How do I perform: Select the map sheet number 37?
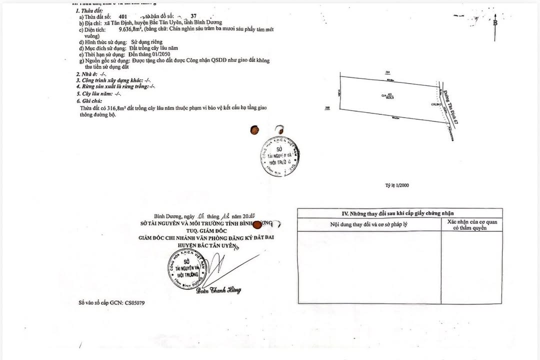click(x=186, y=16)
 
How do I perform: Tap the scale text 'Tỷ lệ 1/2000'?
click(x=396, y=185)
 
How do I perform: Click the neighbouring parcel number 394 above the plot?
click(x=387, y=72)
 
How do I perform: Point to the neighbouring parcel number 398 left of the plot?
click(x=327, y=107)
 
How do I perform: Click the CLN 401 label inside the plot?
click(x=387, y=96)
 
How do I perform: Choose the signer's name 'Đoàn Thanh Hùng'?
click(x=218, y=290)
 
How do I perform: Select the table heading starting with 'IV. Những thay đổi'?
click(x=399, y=213)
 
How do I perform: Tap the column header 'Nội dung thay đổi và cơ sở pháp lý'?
click(x=369, y=224)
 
